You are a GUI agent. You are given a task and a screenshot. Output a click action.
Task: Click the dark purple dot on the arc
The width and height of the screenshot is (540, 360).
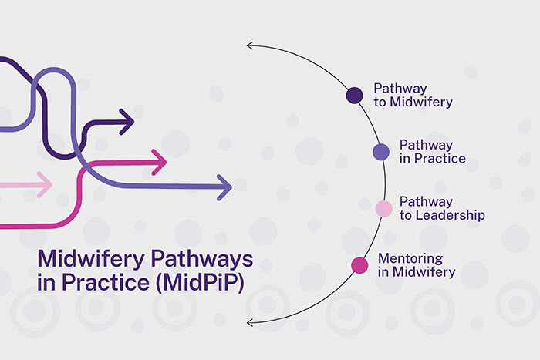coord(354,95)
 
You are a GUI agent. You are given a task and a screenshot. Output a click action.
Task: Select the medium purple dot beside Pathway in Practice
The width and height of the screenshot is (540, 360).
coord(381,152)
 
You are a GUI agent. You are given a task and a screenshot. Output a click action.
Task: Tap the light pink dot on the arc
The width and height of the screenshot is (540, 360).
coord(383,208)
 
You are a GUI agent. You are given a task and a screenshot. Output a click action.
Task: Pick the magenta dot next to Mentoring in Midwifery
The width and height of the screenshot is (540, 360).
coord(359,265)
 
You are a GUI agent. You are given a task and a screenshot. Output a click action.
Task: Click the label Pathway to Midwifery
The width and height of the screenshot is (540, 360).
coord(413,95)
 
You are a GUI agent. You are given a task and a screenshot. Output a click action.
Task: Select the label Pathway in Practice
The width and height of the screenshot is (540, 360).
coord(432,152)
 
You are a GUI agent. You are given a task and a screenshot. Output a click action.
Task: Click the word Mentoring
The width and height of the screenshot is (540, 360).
coord(409,258)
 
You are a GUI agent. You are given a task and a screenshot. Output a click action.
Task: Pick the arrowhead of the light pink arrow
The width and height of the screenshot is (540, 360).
coord(44,184)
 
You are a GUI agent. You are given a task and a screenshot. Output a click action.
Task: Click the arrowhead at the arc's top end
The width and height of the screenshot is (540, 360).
coord(250,45)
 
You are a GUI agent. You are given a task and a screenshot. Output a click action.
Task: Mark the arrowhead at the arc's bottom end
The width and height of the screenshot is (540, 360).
coord(250,321)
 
